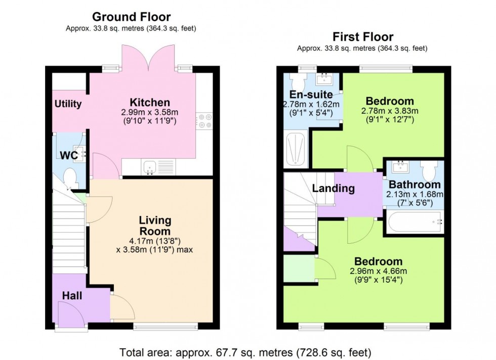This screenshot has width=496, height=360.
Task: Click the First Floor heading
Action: pos(362,37)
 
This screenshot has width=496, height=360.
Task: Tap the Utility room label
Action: pos(68,104)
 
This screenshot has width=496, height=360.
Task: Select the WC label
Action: pos(68,156)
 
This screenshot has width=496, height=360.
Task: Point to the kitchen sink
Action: pos(149,167)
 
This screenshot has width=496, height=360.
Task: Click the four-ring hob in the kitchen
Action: pos(205,121)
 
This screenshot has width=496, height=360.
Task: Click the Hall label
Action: pos(72,295)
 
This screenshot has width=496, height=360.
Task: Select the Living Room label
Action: pos(155,226)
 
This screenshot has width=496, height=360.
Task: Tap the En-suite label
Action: pos(311,95)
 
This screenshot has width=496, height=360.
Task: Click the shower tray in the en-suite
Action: pos(296,150)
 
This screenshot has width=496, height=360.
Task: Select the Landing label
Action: pos(333,189)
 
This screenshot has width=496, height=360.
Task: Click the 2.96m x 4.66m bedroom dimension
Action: pos(379,272)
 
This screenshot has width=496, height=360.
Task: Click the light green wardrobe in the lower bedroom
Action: pos(298,268)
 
